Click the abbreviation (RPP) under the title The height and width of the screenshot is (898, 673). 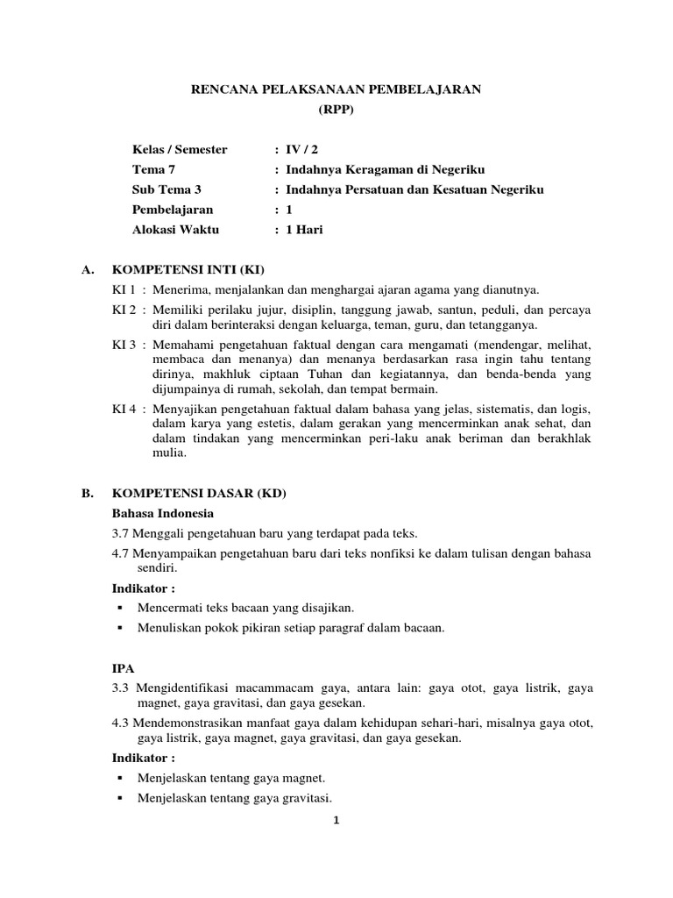pyautogui.click(x=336, y=109)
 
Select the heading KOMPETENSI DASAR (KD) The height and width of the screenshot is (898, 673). pyautogui.click(x=200, y=494)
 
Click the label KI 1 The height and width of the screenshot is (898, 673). pyautogui.click(x=124, y=289)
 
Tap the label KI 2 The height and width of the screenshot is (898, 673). pyautogui.click(x=124, y=310)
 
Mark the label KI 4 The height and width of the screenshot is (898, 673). pyautogui.click(x=124, y=409)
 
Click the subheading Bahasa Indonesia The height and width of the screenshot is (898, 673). pyautogui.click(x=163, y=513)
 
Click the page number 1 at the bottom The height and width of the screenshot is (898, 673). pyautogui.click(x=336, y=821)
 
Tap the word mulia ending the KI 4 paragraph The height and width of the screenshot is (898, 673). pyautogui.click(x=169, y=453)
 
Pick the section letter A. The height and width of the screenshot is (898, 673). pyautogui.click(x=87, y=269)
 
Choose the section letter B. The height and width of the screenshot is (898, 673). pyautogui.click(x=87, y=494)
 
